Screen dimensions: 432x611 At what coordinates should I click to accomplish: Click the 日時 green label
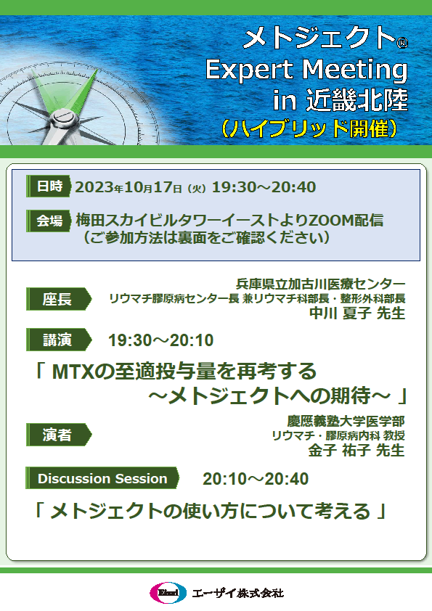click(x=49, y=186)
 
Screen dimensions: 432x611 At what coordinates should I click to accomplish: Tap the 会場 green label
click(x=49, y=221)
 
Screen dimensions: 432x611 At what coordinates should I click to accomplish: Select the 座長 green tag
click(x=59, y=299)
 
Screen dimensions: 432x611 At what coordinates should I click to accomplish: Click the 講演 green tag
click(x=59, y=340)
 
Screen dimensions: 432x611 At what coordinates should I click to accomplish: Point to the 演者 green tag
click(x=59, y=435)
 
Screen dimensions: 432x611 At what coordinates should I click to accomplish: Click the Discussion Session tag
click(x=102, y=478)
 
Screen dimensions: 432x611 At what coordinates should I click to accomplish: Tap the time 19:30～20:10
click(x=160, y=340)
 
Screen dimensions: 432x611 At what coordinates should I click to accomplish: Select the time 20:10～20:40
click(x=256, y=479)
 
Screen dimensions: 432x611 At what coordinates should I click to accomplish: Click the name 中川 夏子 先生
click(x=357, y=313)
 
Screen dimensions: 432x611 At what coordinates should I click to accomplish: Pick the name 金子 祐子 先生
click(x=356, y=450)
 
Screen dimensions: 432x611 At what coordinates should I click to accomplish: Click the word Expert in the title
click(x=250, y=70)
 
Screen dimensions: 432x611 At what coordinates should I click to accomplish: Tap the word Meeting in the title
click(x=355, y=70)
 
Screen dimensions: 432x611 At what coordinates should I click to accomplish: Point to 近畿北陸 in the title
click(x=356, y=100)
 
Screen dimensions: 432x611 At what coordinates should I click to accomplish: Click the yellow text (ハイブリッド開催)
click(x=309, y=128)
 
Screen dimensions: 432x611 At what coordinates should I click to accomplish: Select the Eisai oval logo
click(x=168, y=593)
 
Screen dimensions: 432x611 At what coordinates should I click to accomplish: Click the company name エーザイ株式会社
click(x=238, y=593)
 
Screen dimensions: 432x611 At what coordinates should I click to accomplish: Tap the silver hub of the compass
click(x=62, y=118)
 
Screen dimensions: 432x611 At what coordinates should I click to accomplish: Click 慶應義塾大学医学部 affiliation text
click(x=346, y=421)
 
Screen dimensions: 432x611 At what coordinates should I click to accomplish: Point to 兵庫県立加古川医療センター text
click(x=320, y=284)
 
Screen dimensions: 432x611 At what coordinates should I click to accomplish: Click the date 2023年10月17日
click(x=129, y=187)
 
